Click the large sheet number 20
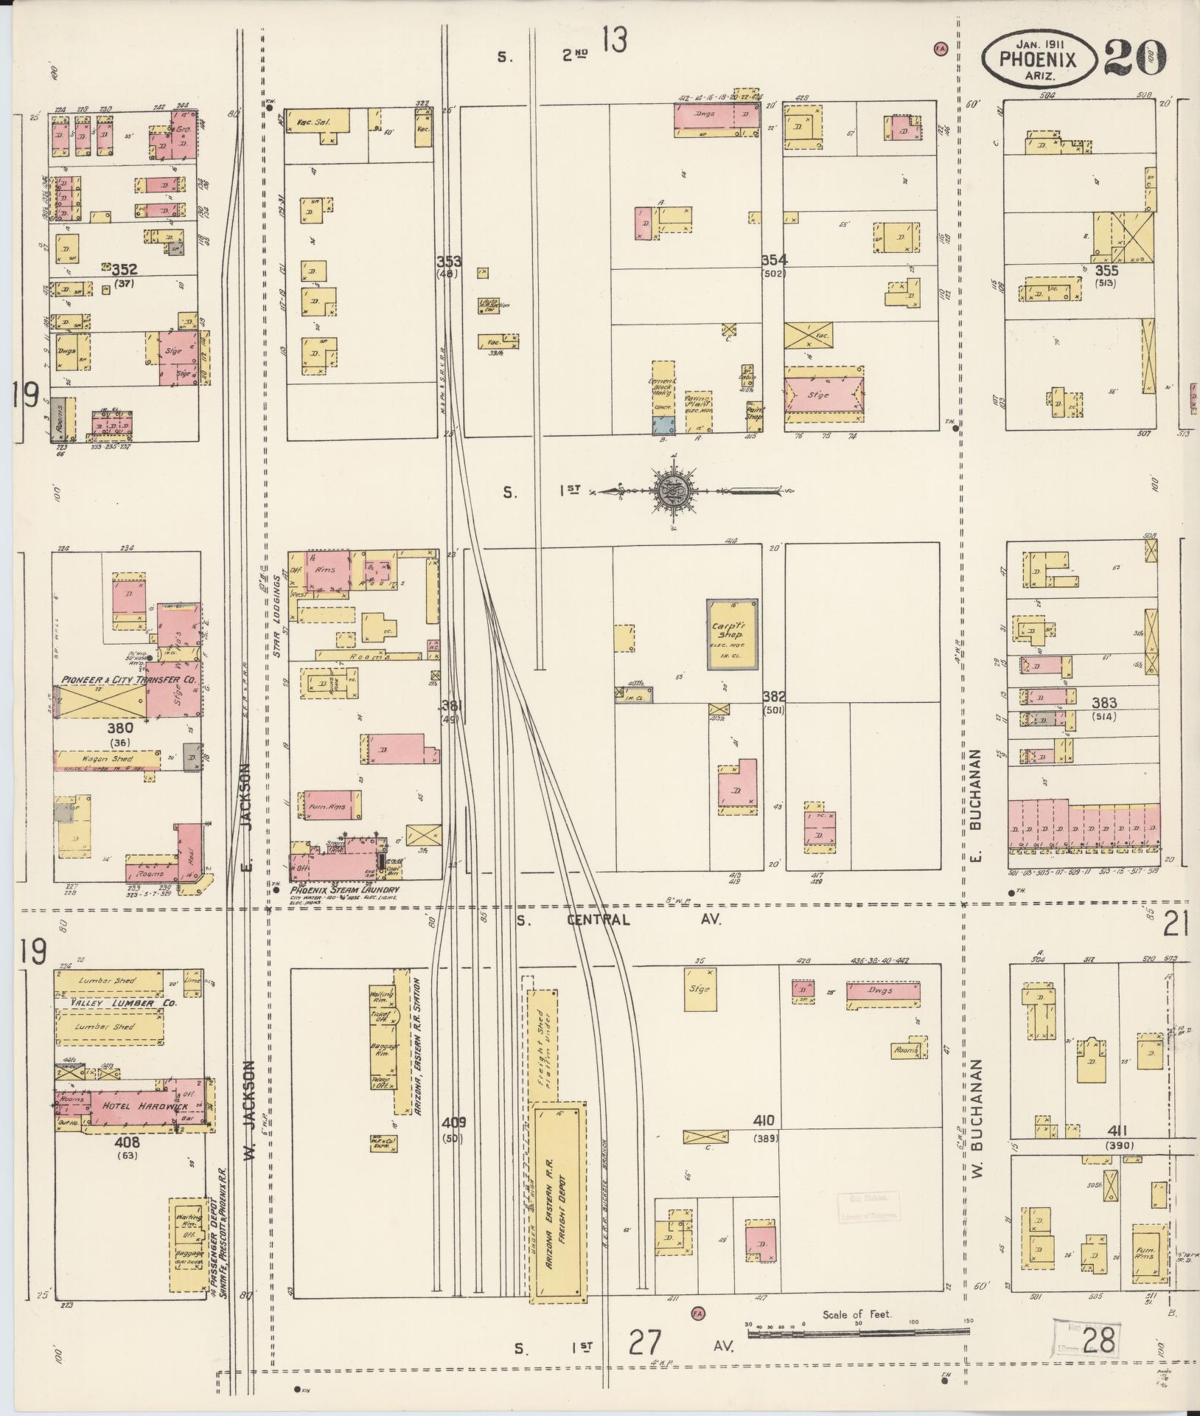(1135, 57)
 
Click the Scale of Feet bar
(857, 1331)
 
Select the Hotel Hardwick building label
(136, 1106)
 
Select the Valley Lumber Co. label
(113, 1004)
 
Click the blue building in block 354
(660, 424)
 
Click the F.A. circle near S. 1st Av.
(697, 1313)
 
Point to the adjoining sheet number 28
(1098, 1341)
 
